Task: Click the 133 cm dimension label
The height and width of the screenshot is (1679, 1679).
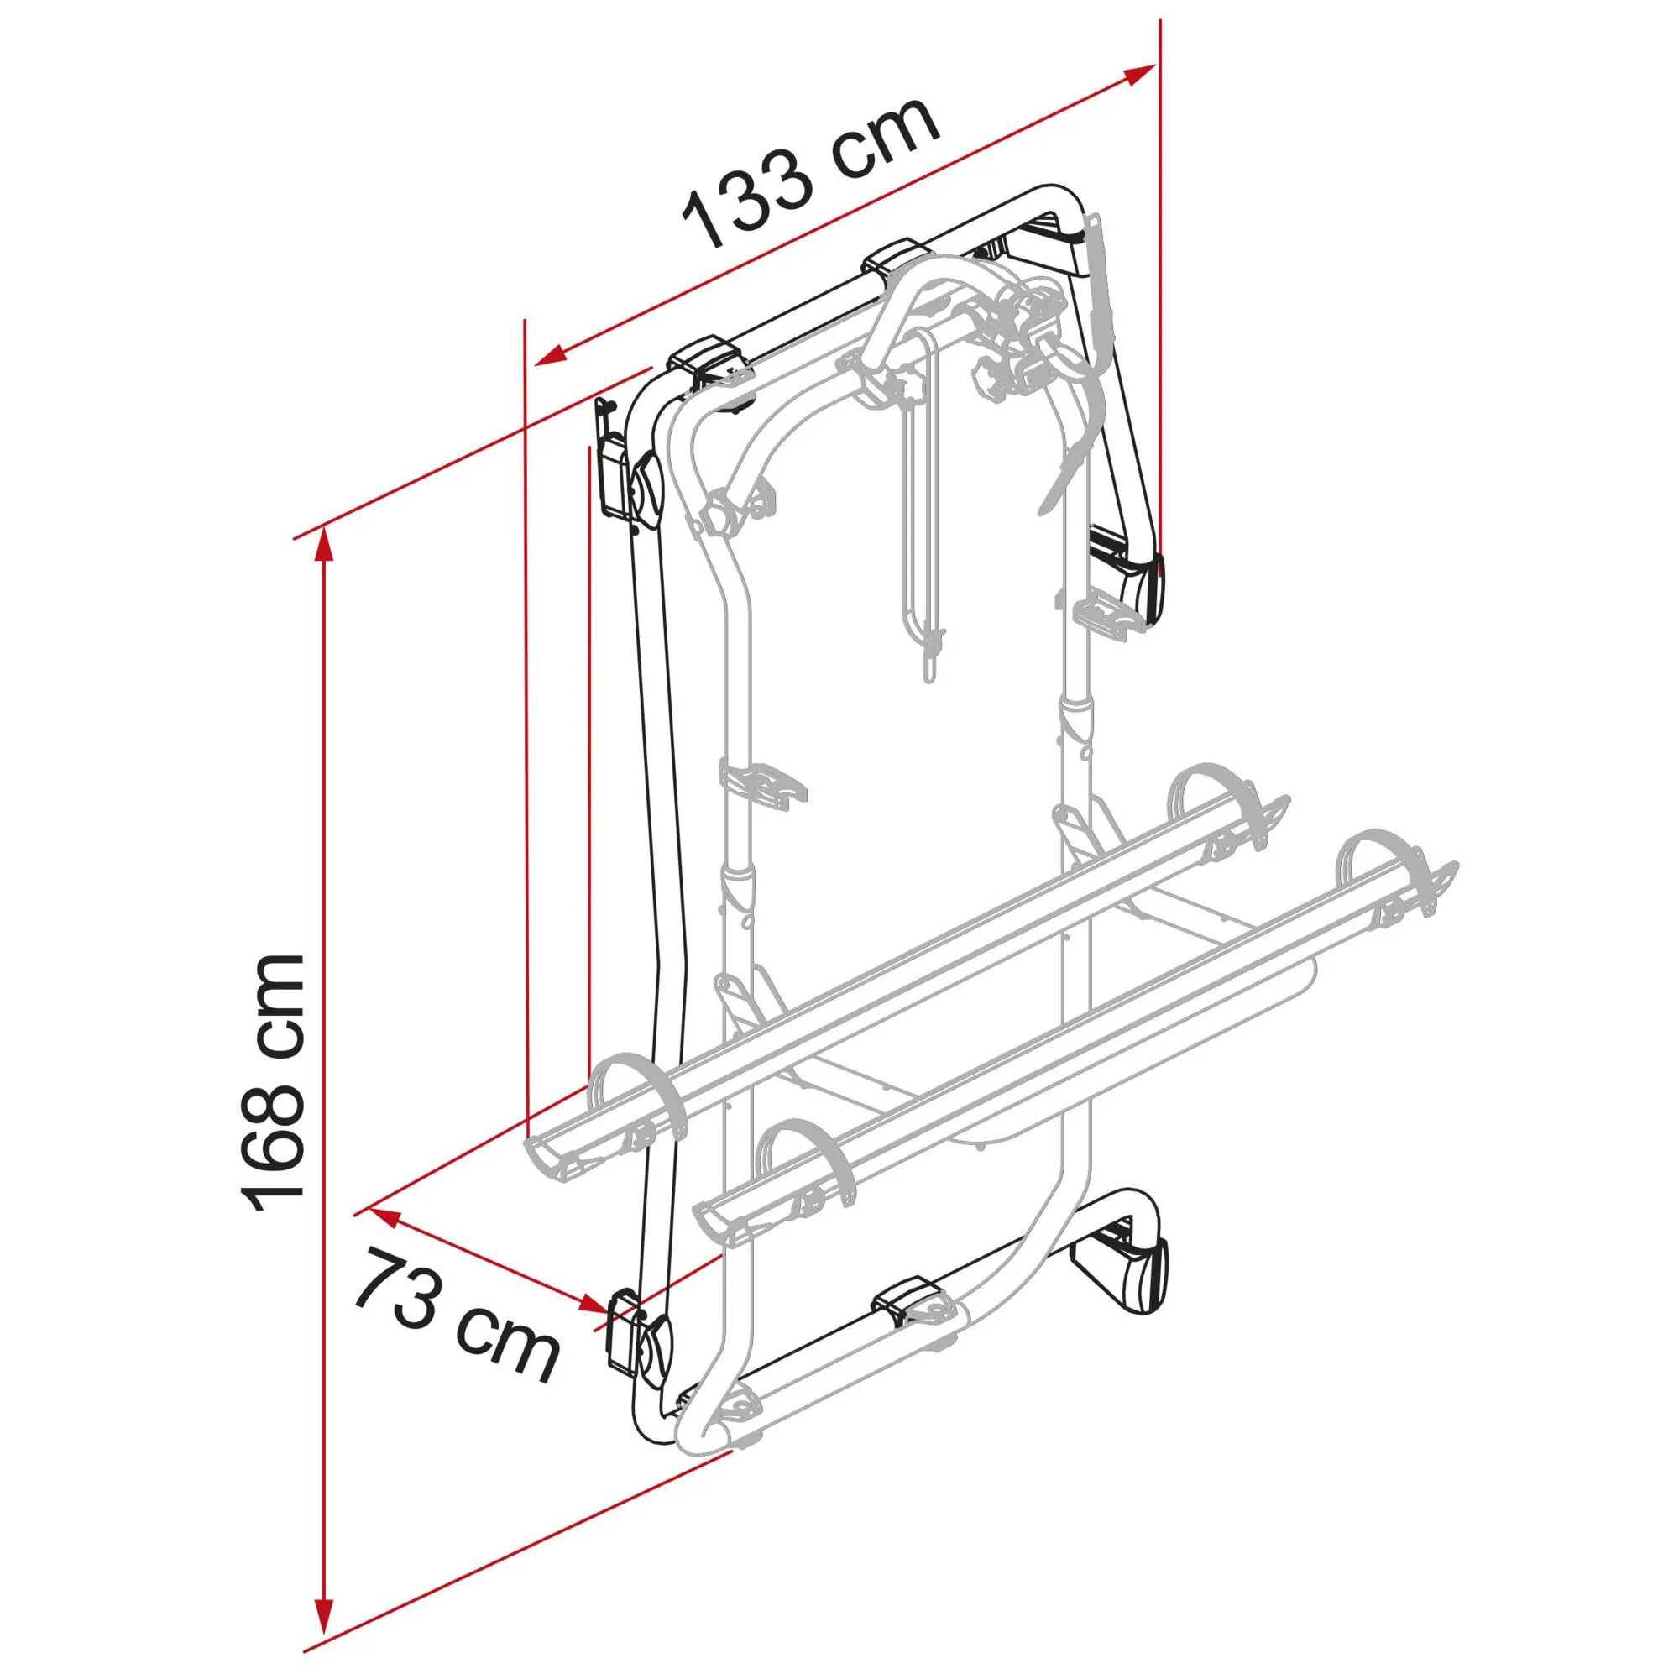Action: pyautogui.click(x=813, y=174)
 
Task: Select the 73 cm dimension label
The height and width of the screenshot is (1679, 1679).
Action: pyautogui.click(x=455, y=1315)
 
